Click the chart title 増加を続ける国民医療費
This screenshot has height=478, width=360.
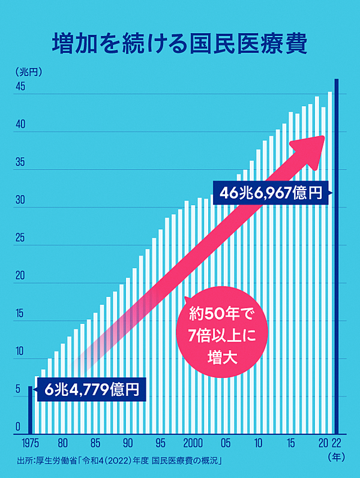[x=180, y=44]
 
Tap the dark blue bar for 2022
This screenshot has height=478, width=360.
[x=337, y=258]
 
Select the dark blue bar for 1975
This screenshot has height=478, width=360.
[x=31, y=414]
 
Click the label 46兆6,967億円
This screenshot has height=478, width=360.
[x=271, y=193]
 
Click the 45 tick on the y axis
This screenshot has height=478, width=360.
[x=20, y=87]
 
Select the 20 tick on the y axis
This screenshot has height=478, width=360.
[x=20, y=276]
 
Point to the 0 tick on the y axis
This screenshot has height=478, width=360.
[x=19, y=427]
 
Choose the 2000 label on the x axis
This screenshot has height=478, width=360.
[x=193, y=444]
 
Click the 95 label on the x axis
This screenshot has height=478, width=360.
[x=160, y=444]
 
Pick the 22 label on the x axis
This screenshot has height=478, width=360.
[x=337, y=444]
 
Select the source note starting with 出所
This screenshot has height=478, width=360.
[x=120, y=461]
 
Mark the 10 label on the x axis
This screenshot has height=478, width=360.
[x=258, y=444]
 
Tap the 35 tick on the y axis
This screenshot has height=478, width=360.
[x=20, y=163]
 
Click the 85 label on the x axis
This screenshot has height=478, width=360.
[x=95, y=444]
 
